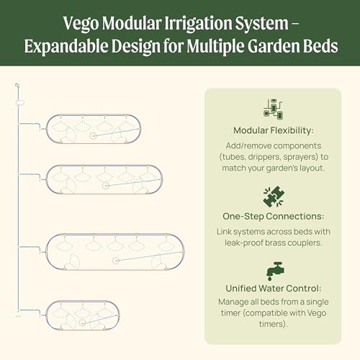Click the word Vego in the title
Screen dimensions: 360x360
tap(81, 24)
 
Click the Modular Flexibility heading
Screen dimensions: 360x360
tap(274, 130)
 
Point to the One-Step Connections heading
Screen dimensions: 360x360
tap(273, 216)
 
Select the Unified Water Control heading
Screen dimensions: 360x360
tap(273, 288)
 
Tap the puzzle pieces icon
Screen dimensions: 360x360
tap(274, 197)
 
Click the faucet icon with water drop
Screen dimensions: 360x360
tap(275, 271)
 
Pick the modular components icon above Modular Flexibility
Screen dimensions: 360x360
tap(274, 109)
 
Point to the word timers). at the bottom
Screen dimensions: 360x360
tap(274, 324)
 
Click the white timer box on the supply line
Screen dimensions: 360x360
tap(19, 103)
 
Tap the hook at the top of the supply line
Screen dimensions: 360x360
tap(17, 86)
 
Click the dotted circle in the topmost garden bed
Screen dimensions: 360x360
tap(93, 136)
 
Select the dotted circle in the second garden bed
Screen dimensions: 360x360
tap(105, 185)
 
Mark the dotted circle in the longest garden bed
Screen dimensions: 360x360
tap(116, 261)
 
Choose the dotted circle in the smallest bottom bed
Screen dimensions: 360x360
tap(82, 323)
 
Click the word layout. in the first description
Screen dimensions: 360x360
tap(312, 168)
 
